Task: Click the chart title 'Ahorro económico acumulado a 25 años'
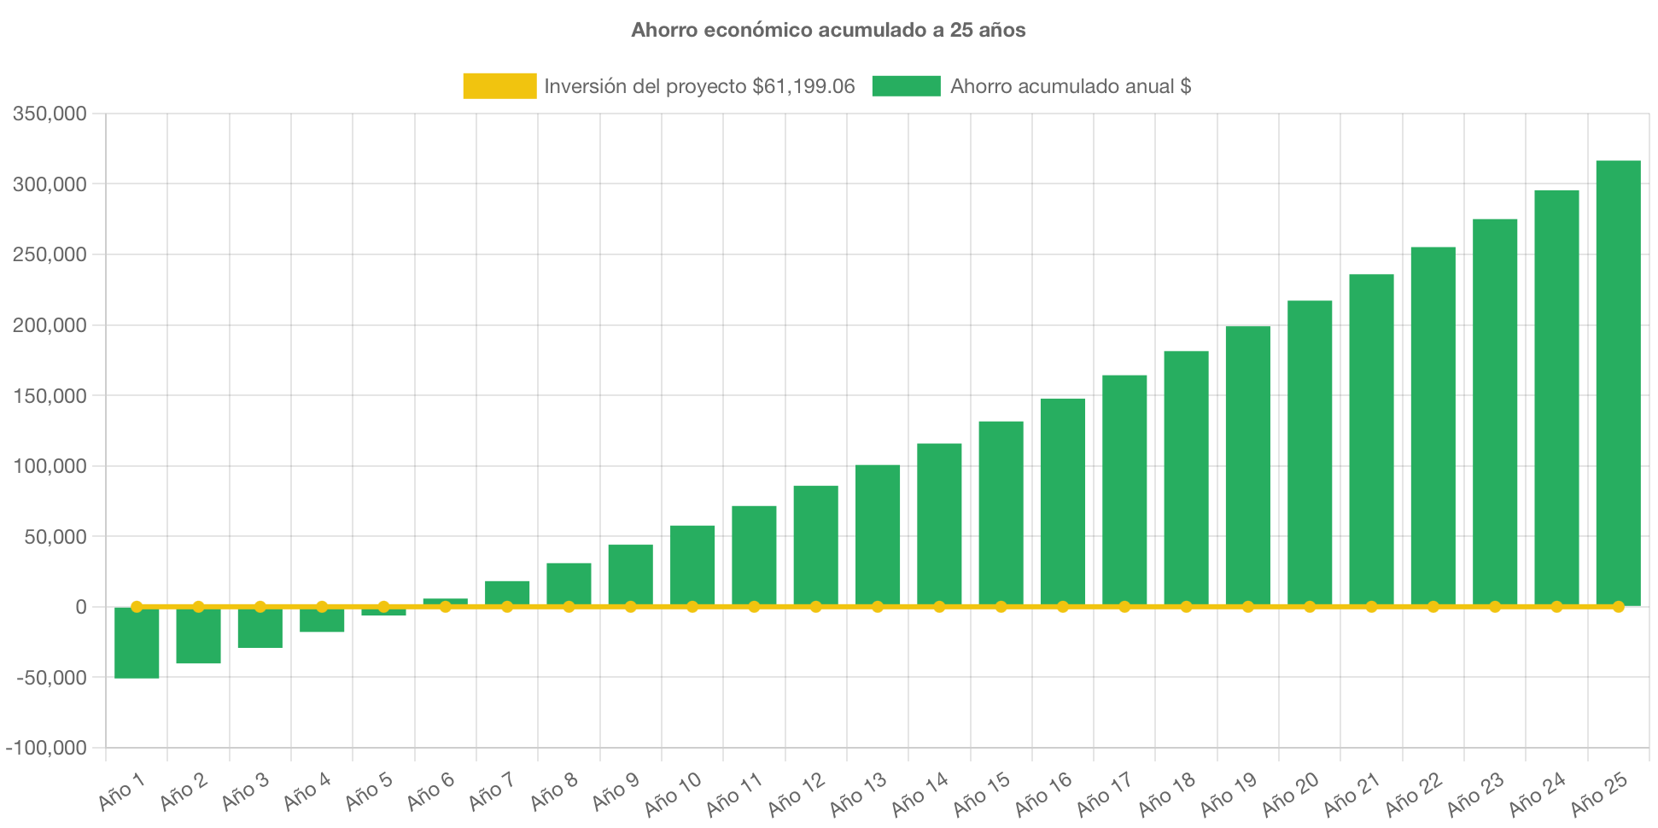(828, 30)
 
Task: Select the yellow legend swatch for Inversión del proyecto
(499, 86)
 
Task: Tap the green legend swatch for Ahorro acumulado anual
(906, 86)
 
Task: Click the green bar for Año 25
(1618, 383)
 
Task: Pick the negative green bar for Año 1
(137, 643)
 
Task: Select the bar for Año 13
(878, 535)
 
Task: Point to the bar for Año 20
(1310, 453)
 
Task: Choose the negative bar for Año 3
(260, 627)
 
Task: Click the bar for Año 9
(630, 575)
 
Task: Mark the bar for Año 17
(1124, 491)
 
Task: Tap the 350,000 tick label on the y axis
(50, 114)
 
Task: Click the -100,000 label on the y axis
(46, 748)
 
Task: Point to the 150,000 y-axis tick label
(50, 396)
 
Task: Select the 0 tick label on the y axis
(80, 607)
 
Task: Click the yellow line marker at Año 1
(137, 607)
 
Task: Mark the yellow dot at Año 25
(1618, 607)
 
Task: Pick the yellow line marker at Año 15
(1001, 607)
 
